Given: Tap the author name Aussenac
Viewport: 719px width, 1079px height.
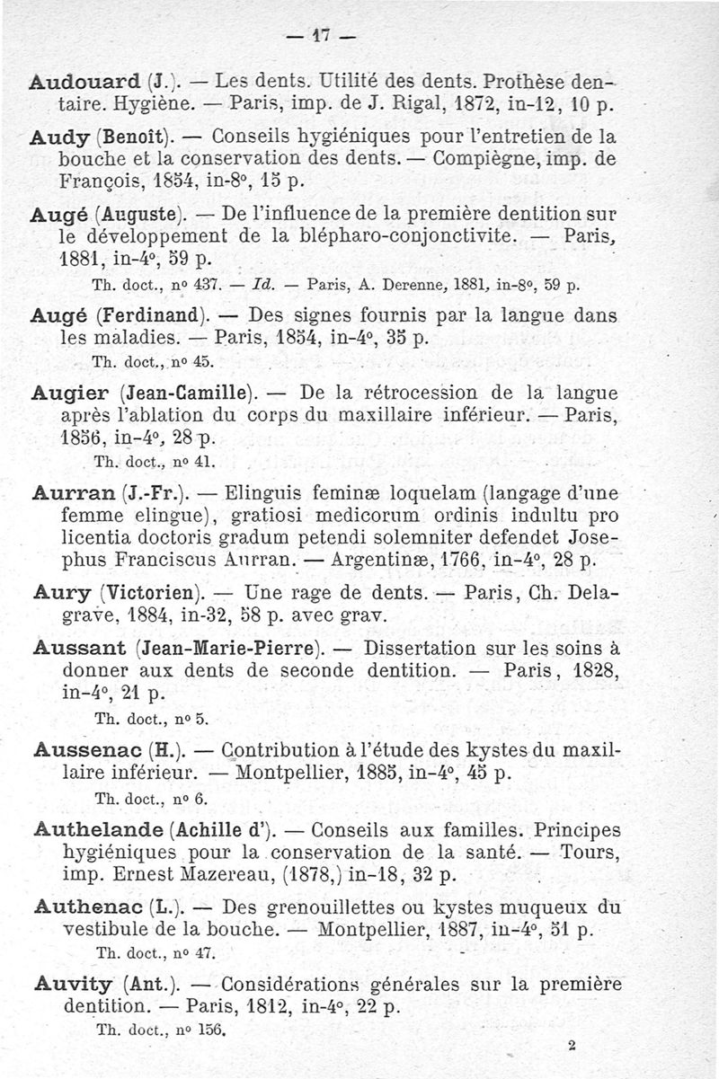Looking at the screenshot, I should (x=84, y=747).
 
